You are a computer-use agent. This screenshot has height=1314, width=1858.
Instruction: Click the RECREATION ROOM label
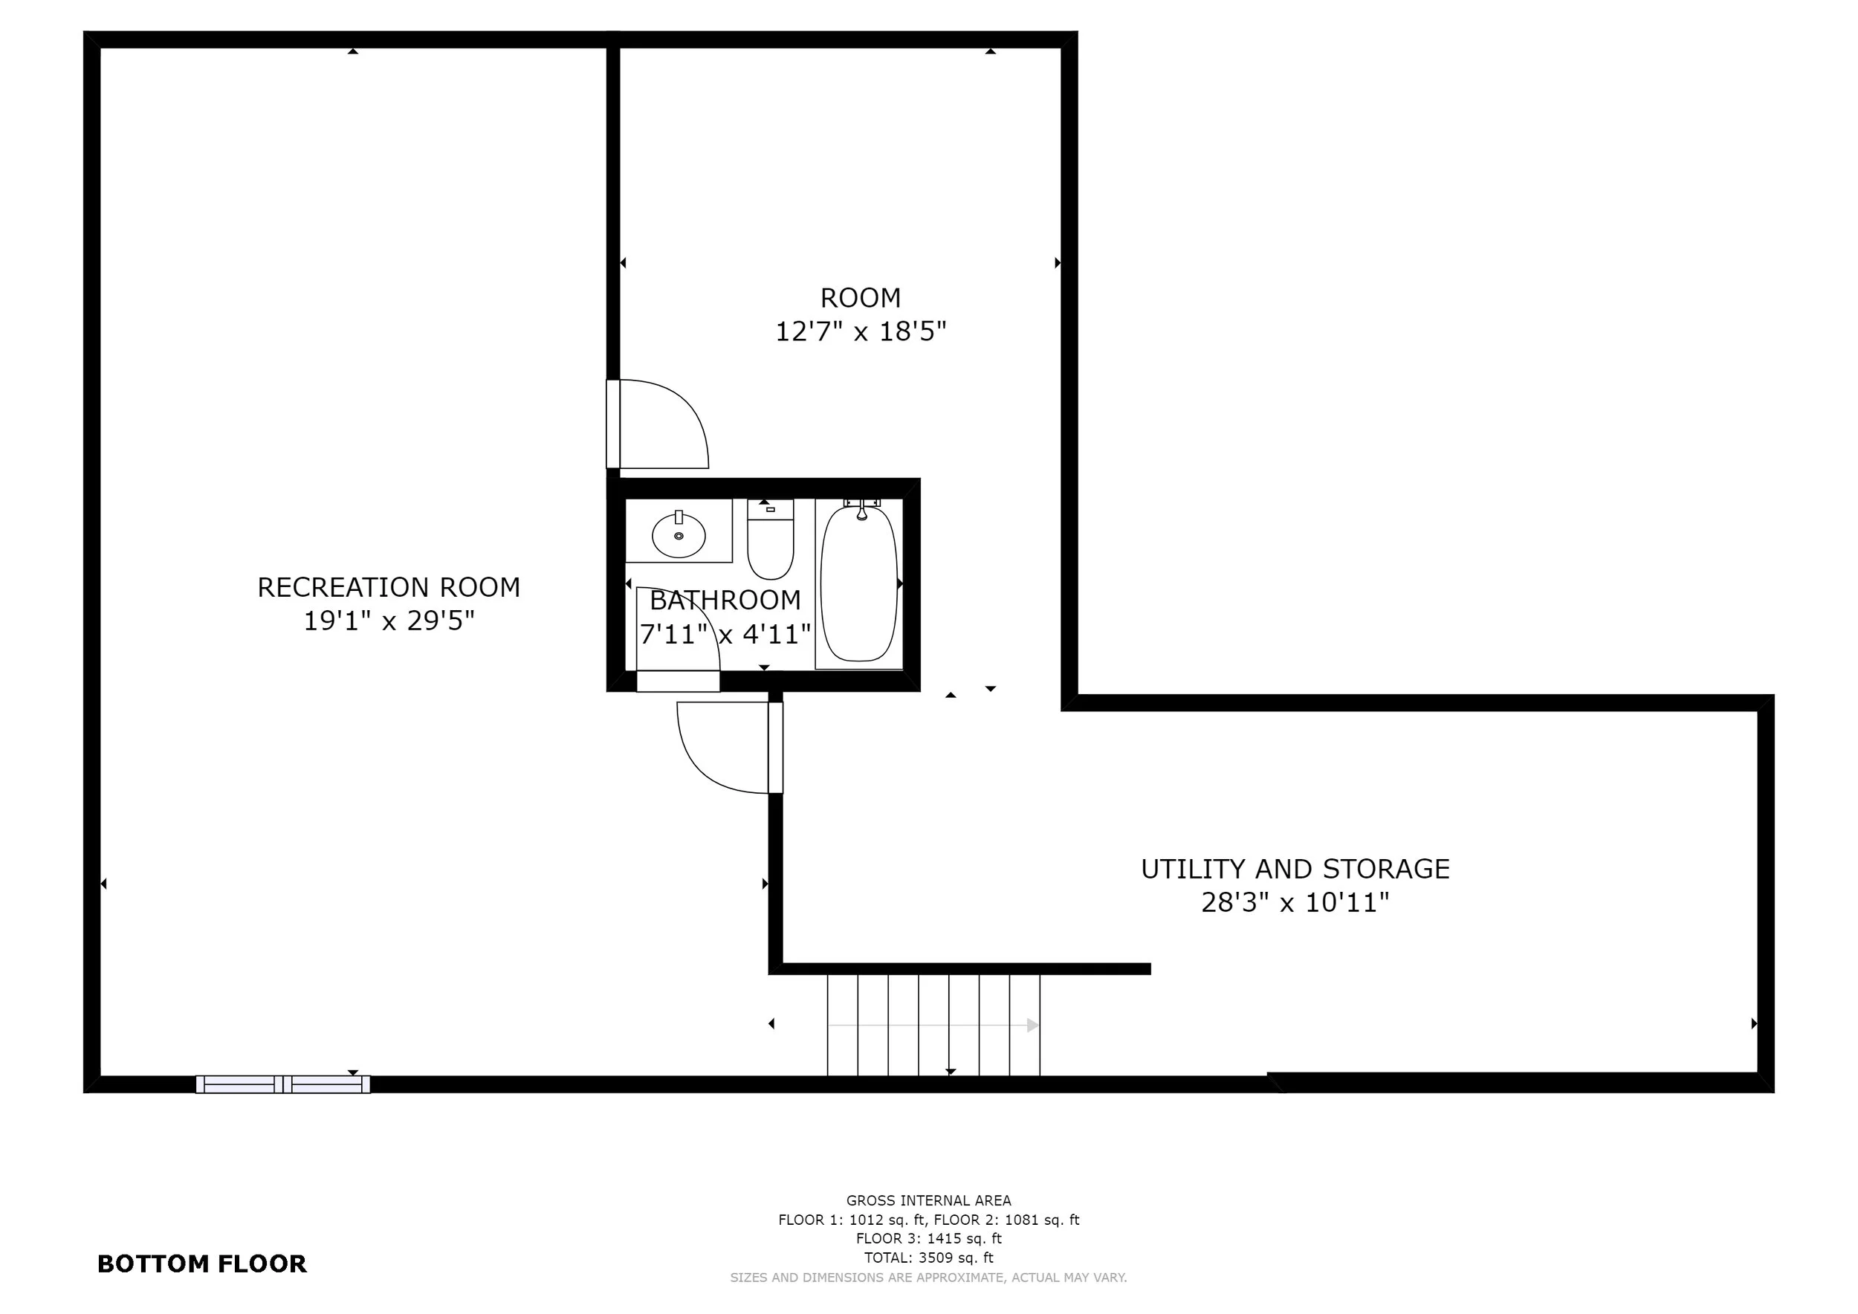389,587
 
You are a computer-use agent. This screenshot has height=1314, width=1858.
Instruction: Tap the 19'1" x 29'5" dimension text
389,621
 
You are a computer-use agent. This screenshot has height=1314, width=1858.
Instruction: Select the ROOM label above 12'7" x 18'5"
860,298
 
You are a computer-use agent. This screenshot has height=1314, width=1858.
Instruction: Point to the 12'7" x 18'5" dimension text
860,331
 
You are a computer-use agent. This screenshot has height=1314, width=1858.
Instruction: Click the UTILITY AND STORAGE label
1295,869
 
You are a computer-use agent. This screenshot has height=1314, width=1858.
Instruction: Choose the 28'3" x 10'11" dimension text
1295,902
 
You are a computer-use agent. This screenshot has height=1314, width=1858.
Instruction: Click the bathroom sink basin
679,535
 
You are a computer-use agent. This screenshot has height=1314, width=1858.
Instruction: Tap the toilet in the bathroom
771,540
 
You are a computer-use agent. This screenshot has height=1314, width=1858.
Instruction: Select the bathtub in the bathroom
859,583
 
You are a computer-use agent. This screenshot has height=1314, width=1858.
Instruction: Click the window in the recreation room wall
283,1084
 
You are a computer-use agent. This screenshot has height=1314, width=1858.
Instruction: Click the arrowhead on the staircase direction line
1033,1025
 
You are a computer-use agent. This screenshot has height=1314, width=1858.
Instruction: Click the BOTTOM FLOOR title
202,1264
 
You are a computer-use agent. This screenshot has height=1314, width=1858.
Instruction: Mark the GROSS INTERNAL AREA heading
928,1201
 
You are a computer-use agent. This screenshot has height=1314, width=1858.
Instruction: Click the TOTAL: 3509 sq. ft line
928,1258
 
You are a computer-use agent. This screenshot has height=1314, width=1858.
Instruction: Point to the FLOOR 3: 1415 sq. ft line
928,1238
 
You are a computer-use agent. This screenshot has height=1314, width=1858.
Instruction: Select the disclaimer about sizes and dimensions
928,1278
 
